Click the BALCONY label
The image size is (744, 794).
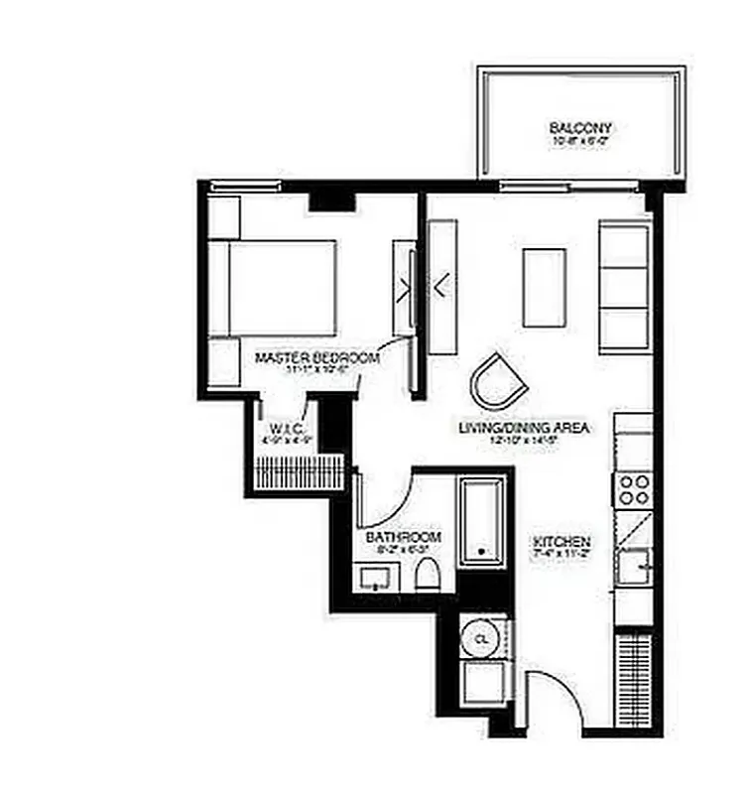coord(580,128)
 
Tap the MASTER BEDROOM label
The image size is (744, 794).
coord(316,357)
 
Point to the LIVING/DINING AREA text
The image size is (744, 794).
coord(524,428)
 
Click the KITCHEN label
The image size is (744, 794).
coord(562,542)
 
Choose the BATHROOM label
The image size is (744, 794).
coord(403,537)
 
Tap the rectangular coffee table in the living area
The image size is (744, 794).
coord(545,287)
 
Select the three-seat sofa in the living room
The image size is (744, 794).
coord(625,287)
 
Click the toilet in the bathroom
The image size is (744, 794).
coord(428,575)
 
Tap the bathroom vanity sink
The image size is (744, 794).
coord(376,577)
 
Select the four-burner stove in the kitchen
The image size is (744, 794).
coord(635,489)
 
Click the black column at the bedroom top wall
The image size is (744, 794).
coord(331,201)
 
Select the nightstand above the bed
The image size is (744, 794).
coord(224,215)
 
